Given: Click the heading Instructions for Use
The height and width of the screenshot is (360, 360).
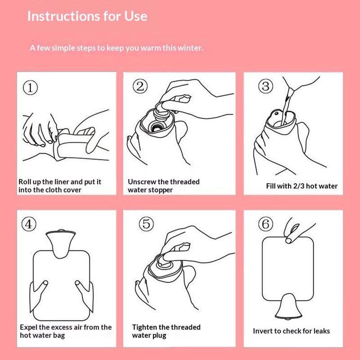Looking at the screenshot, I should point(87,16).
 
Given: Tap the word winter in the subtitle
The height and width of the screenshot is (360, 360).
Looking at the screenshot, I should point(190,48).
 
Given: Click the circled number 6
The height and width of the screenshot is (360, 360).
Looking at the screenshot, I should point(265,224).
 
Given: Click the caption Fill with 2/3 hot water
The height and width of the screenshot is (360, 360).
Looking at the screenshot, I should point(301,186).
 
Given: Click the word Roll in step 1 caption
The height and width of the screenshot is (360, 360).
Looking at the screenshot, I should point(26,182).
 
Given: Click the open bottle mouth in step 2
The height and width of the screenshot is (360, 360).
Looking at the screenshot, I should point(157,126).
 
